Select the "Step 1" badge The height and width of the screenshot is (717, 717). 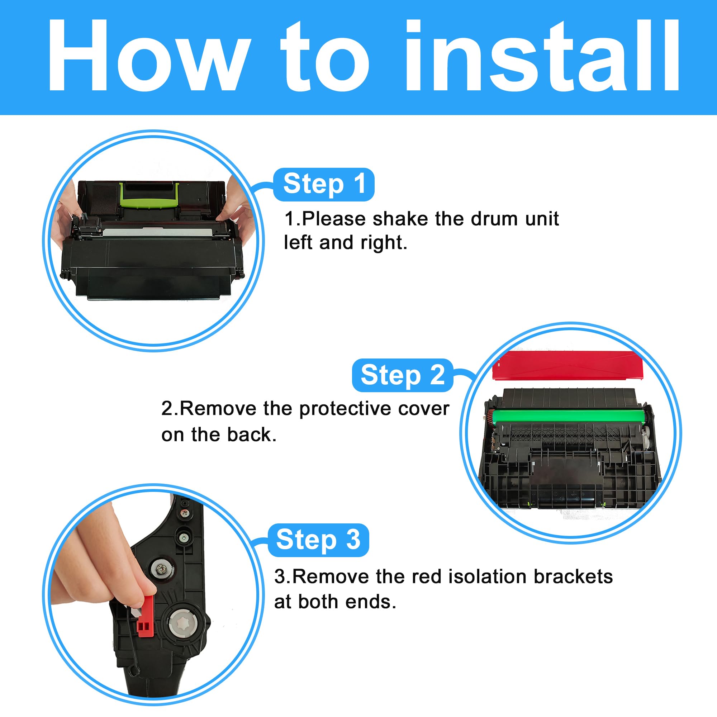pos(324,184)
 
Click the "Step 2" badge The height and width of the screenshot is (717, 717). pos(403,375)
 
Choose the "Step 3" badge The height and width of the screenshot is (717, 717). pos(318,540)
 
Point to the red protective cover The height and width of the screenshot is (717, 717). pos(568,365)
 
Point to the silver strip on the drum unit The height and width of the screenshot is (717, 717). pos(157,233)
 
